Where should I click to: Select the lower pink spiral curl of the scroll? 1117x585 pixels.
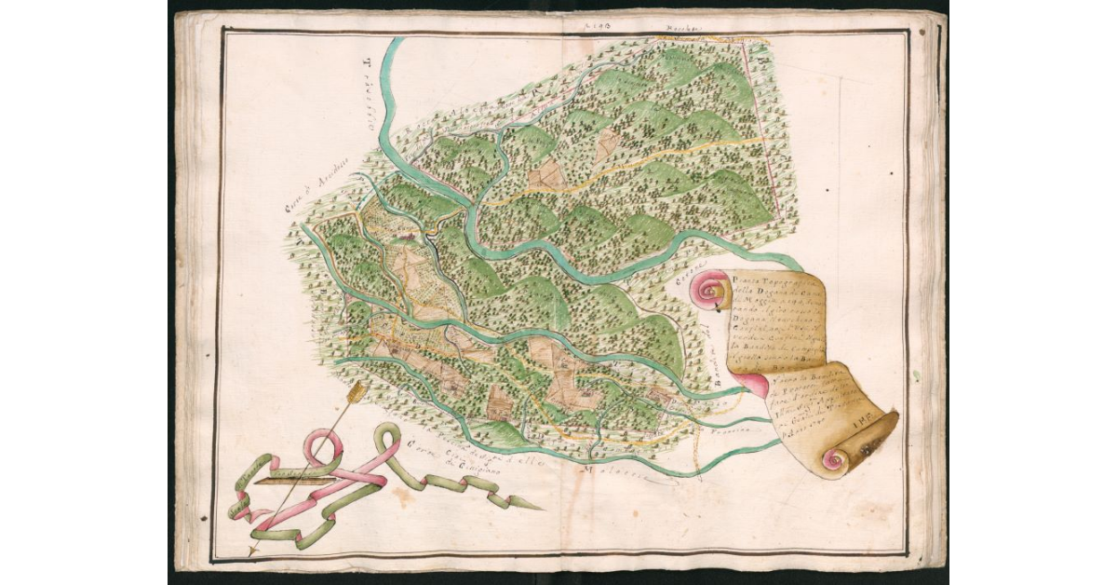click(834, 458)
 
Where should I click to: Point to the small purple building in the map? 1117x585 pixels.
click(407, 238)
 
